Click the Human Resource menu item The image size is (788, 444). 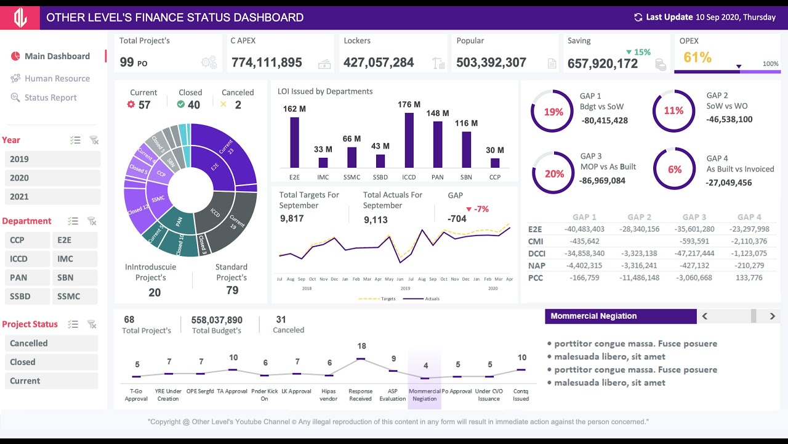(57, 78)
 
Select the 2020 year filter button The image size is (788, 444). (52, 178)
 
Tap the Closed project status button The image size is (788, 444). (51, 362)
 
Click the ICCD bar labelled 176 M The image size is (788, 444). (409, 140)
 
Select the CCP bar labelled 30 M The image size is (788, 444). (495, 163)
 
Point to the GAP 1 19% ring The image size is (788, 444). (553, 112)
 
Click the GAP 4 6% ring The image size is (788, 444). (674, 170)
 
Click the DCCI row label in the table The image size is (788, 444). (537, 253)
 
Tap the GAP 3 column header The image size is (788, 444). (694, 217)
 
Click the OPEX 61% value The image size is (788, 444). (698, 58)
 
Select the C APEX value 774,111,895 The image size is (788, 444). (267, 62)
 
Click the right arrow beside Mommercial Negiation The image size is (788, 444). (772, 316)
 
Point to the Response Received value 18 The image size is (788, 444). (361, 346)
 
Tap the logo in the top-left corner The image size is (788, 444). (20, 18)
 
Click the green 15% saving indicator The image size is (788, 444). (638, 52)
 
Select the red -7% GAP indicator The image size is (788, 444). (478, 209)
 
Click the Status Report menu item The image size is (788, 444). (50, 97)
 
